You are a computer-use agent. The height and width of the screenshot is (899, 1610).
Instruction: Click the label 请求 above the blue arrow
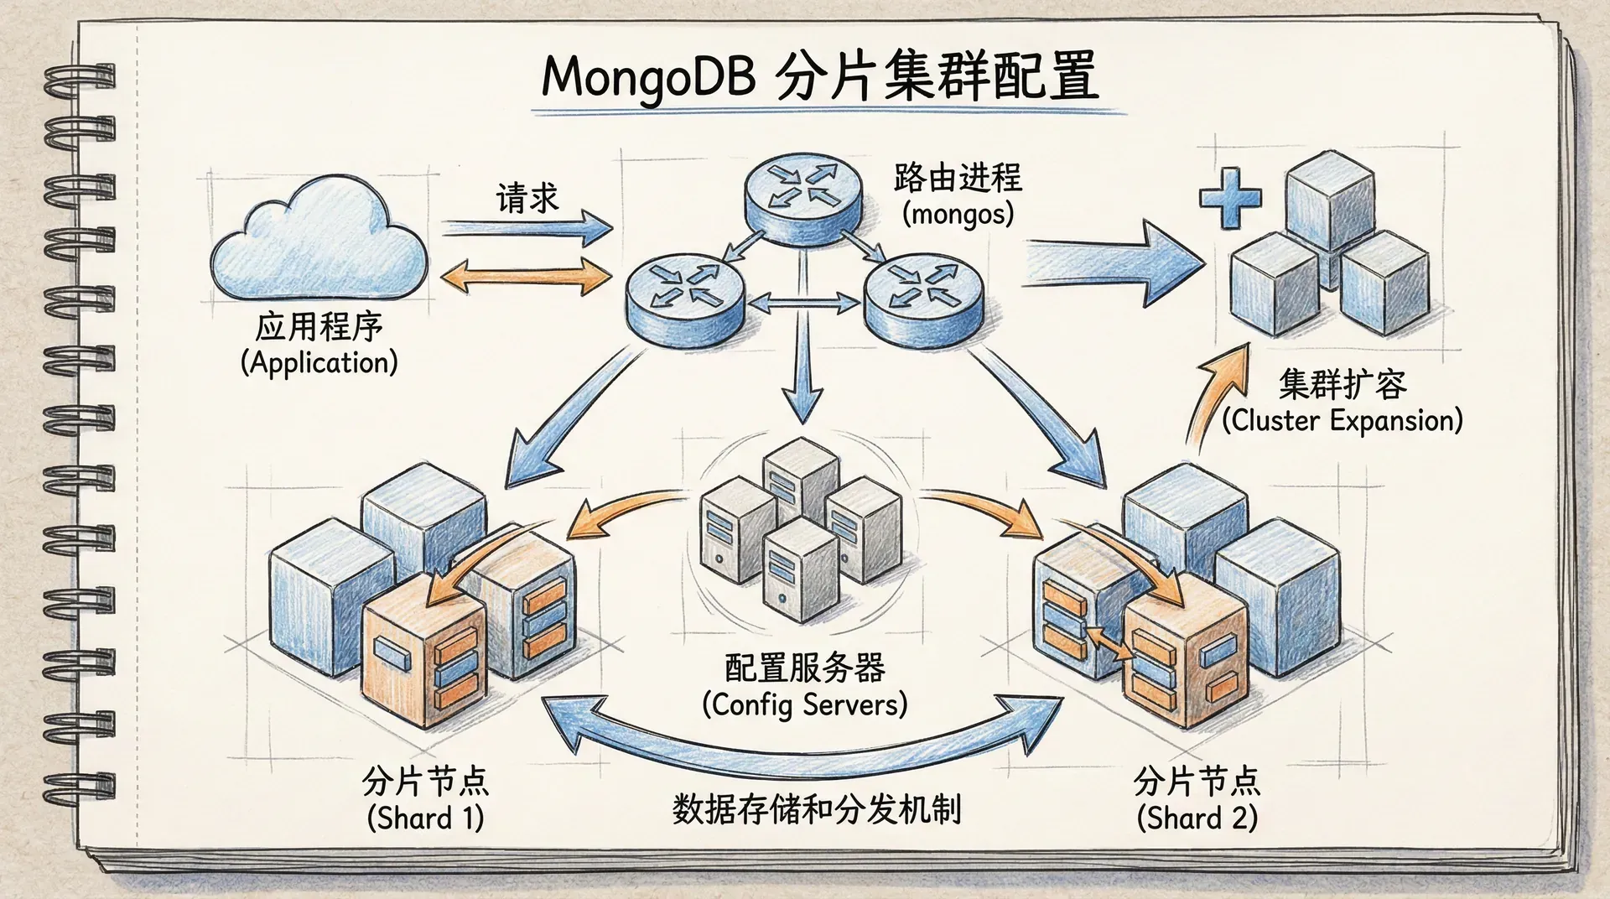tap(527, 198)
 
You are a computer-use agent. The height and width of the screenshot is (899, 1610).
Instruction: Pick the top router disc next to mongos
tap(802, 197)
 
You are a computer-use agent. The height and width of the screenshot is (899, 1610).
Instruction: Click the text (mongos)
tap(958, 215)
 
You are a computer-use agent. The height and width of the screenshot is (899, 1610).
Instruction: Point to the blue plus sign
tap(1230, 198)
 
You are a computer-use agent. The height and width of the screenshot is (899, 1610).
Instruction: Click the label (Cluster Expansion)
tap(1342, 420)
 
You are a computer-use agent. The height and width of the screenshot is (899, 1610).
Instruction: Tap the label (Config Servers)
tap(804, 704)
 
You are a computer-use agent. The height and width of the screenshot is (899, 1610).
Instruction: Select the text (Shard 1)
tap(425, 818)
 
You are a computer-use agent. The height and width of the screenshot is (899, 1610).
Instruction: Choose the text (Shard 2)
tap(1197, 818)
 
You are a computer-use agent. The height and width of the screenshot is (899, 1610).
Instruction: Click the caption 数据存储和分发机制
tap(816, 809)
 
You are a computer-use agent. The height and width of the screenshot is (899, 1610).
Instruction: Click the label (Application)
tap(319, 363)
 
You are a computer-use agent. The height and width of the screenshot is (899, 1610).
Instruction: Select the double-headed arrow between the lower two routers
tap(803, 303)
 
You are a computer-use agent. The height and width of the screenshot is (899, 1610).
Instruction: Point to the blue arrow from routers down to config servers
tap(804, 369)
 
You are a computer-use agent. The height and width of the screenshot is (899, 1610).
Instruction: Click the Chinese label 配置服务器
tap(804, 668)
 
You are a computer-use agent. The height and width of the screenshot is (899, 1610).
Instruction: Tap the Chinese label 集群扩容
tap(1342, 384)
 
